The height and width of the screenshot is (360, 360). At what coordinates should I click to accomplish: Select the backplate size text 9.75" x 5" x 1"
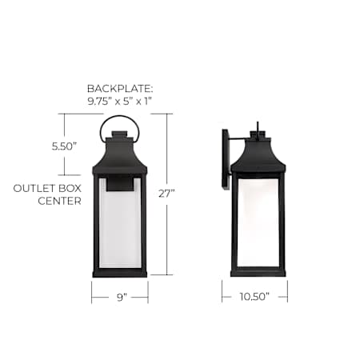120,102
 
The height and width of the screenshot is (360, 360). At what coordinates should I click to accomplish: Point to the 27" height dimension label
166,194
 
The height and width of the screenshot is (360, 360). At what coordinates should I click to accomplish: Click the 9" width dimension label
122,298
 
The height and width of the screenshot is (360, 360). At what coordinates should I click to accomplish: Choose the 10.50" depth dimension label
254,297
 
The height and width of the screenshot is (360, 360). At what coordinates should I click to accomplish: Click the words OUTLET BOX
47,189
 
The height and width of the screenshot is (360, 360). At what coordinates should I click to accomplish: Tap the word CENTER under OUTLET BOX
59,201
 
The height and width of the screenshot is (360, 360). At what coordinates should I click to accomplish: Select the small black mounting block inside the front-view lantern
120,184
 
